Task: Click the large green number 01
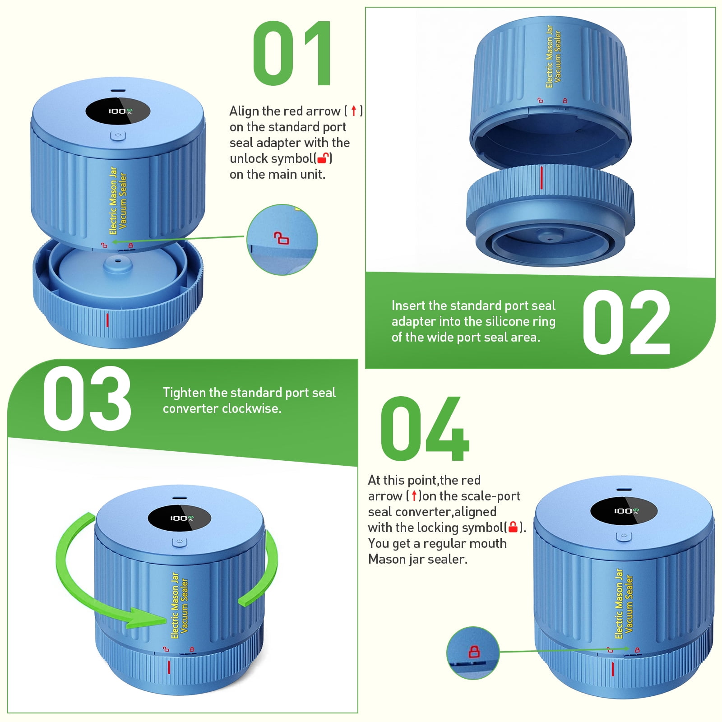[293, 53]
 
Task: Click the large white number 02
[626, 322]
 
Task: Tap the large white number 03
[87, 398]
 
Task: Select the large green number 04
[425, 429]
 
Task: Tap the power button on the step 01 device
[118, 135]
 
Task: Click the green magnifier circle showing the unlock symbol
[282, 240]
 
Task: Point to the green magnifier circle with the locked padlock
[473, 653]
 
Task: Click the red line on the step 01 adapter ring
[107, 320]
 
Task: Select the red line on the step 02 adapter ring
[541, 177]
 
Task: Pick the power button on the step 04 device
[624, 536]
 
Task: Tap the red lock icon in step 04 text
[513, 527]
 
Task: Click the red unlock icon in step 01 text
[323, 158]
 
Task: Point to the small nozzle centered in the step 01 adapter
[118, 264]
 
